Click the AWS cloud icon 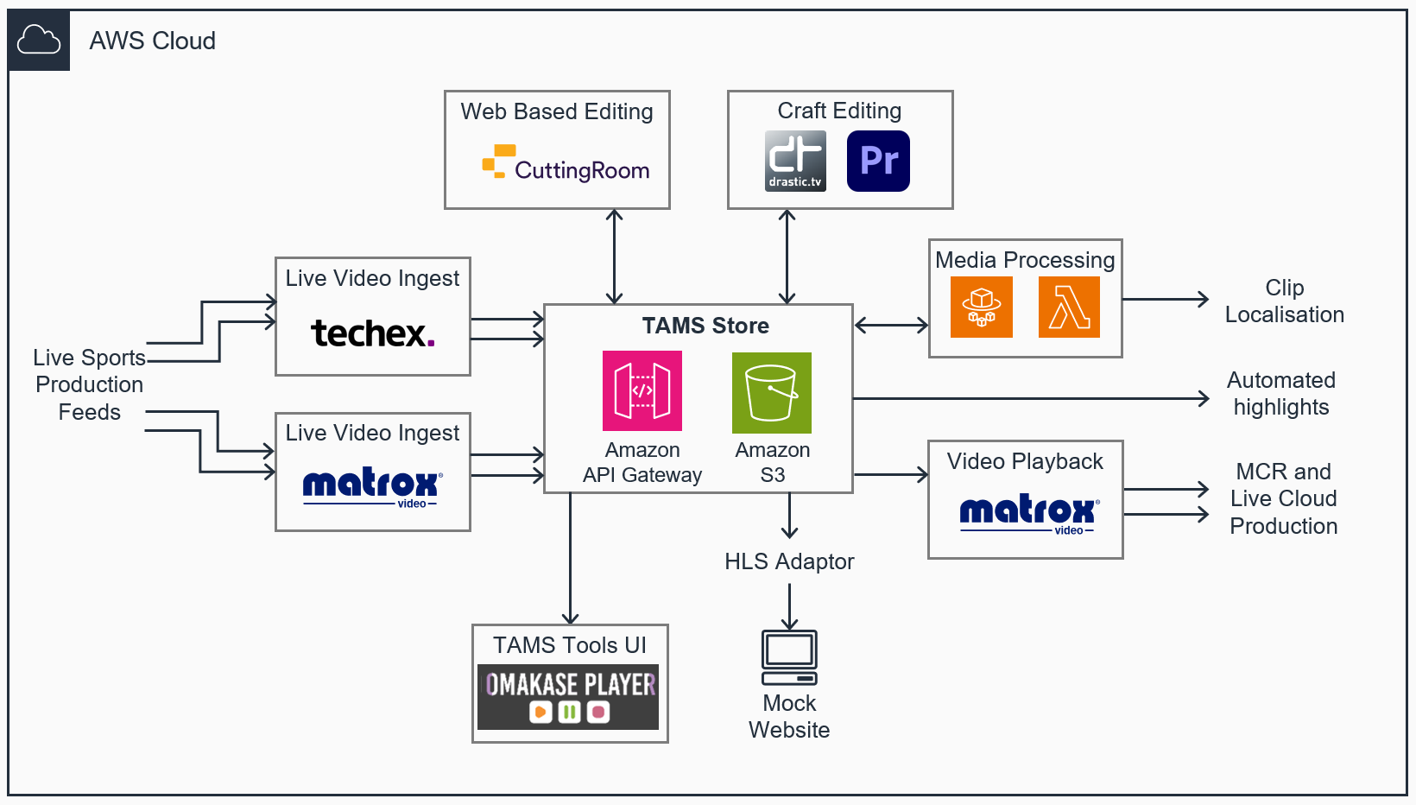pyautogui.click(x=39, y=41)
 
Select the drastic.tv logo pyautogui.click(x=795, y=161)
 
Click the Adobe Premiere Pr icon pyautogui.click(x=878, y=161)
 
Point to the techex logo pyautogui.click(x=372, y=333)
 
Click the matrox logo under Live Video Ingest pyautogui.click(x=372, y=488)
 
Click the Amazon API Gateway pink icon pyautogui.click(x=642, y=390)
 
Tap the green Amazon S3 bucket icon pyautogui.click(x=771, y=392)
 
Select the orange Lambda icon pyautogui.click(x=1069, y=307)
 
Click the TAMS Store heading pyautogui.click(x=705, y=326)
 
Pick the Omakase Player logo pyautogui.click(x=569, y=696)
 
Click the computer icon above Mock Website pyautogui.click(x=789, y=657)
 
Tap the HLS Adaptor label pyautogui.click(x=789, y=561)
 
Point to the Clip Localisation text pyautogui.click(x=1284, y=301)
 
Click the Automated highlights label pyautogui.click(x=1281, y=393)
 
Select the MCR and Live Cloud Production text pyautogui.click(x=1284, y=498)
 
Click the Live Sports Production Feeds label pyautogui.click(x=89, y=384)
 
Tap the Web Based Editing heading pyautogui.click(x=557, y=111)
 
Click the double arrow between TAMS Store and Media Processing pyautogui.click(x=891, y=326)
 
